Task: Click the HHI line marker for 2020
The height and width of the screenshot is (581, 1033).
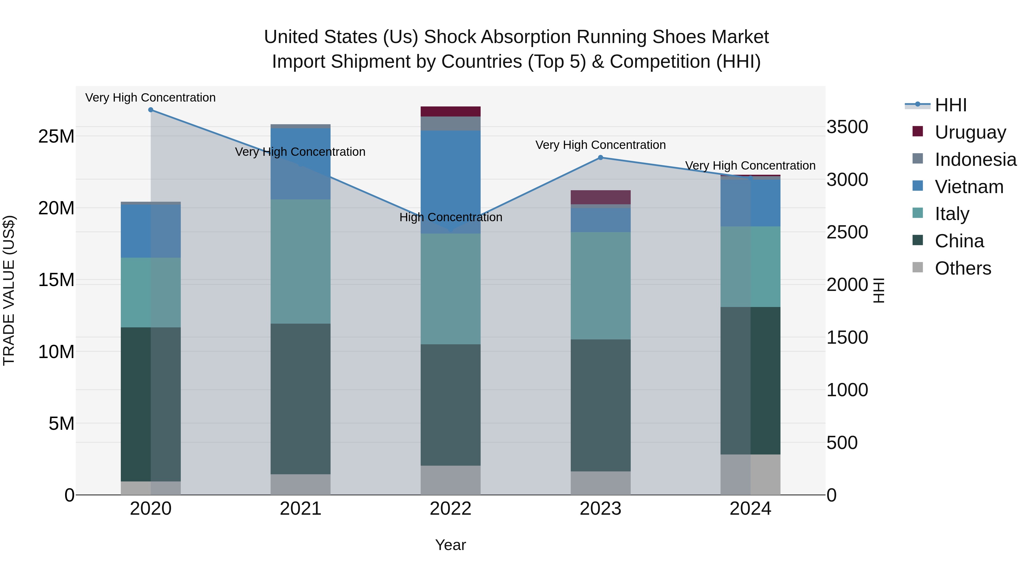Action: [x=151, y=110]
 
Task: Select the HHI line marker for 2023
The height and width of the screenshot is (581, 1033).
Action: [x=600, y=158]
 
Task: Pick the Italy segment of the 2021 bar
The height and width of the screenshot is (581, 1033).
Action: [x=300, y=261]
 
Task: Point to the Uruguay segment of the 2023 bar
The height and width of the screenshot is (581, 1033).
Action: [x=600, y=197]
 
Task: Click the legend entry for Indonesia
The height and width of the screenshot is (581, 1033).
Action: [x=975, y=160]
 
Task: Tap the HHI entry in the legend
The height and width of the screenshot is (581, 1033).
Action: [x=950, y=105]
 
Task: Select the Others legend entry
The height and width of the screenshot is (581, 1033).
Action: [x=962, y=268]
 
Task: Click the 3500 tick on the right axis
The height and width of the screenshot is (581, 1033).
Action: [x=847, y=127]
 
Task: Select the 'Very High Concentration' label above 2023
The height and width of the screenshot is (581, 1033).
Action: [x=600, y=145]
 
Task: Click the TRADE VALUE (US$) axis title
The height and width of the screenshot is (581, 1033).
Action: [x=9, y=290]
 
